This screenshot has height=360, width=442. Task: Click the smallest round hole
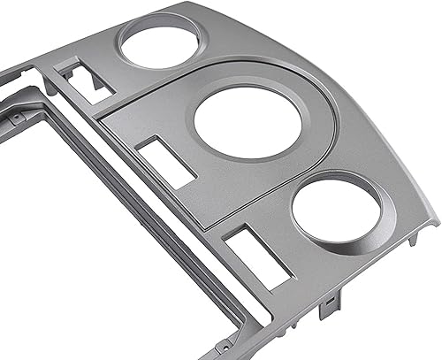[x=159, y=44]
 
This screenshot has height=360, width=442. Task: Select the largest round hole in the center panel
[x=236, y=121]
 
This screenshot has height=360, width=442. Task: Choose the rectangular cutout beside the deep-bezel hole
[x=257, y=257]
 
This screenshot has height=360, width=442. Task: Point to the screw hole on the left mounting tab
[x=16, y=116]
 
